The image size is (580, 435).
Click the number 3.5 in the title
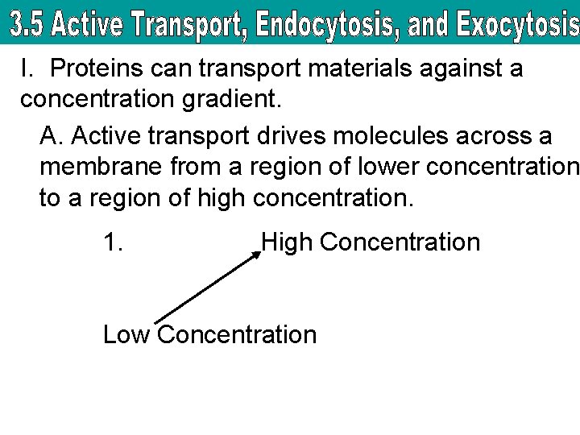(x=27, y=27)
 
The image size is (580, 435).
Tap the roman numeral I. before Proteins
(x=28, y=69)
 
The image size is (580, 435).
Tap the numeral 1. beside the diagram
(x=113, y=242)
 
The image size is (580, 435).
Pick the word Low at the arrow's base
(x=126, y=334)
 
